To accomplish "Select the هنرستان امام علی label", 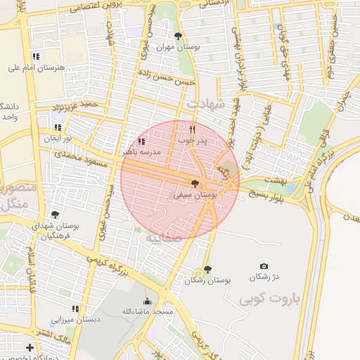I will point(35,67).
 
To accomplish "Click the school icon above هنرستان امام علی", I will point(36,56).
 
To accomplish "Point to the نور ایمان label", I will point(58,139).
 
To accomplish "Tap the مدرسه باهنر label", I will point(141,151).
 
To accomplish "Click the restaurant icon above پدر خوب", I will point(193,129).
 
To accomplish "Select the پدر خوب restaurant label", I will point(193,141).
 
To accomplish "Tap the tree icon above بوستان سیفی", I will point(195,184).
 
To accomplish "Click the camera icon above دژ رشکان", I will point(264,266).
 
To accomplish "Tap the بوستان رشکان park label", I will point(207,280).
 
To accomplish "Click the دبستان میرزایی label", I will point(75,319).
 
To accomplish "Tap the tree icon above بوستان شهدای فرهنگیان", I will point(55,215).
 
